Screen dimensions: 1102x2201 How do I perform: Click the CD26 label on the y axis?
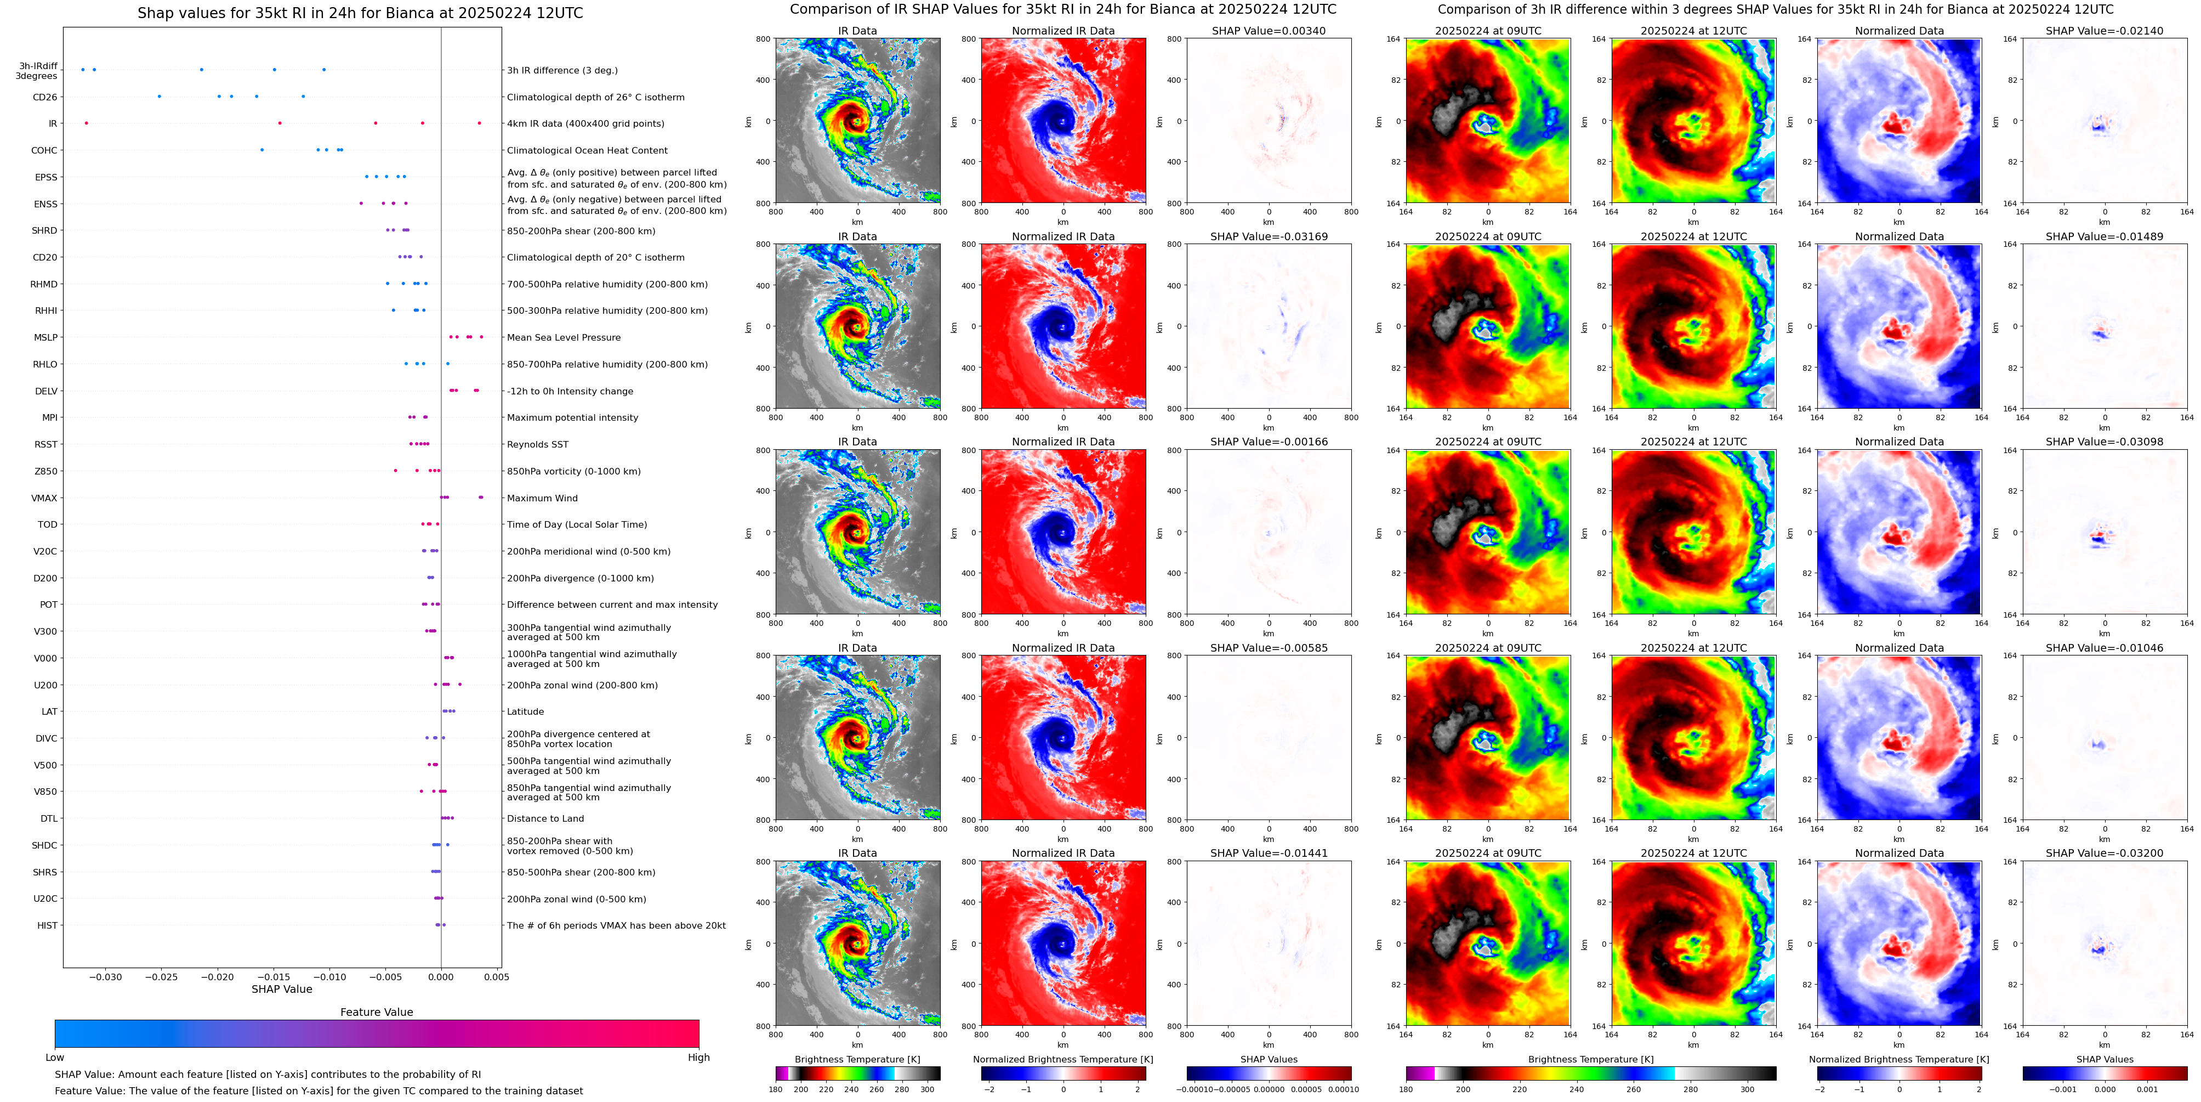(x=44, y=98)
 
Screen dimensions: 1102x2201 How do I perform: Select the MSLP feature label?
(x=46, y=338)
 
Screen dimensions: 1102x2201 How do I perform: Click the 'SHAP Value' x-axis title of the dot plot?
(x=281, y=989)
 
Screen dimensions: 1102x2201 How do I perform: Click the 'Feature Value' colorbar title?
(x=376, y=1012)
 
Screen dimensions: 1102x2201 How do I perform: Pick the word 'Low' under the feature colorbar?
(x=55, y=1058)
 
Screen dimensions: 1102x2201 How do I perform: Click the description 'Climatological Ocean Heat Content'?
(x=587, y=150)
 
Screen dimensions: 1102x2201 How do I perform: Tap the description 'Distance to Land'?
(x=545, y=819)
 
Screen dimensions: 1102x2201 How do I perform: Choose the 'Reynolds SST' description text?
(x=537, y=444)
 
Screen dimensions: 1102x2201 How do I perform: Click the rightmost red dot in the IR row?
(x=479, y=123)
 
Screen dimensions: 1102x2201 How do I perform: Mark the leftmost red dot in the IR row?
(x=86, y=123)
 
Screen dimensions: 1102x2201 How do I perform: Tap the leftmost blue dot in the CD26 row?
(x=159, y=97)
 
